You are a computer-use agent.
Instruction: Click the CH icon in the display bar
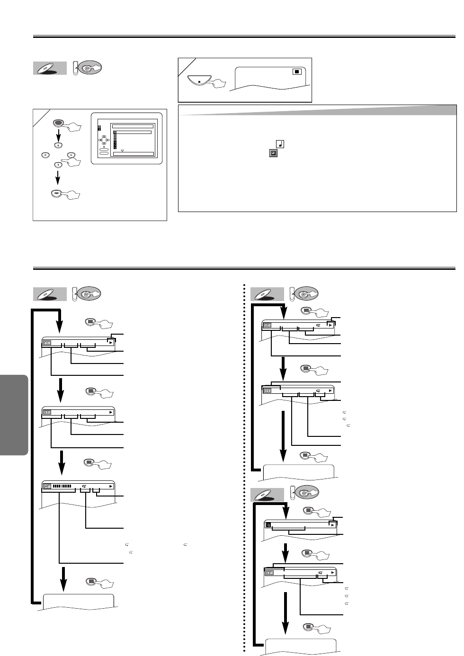pos(47,343)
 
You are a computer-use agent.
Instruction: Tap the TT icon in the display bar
pos(47,412)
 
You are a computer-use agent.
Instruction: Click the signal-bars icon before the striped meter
pos(47,486)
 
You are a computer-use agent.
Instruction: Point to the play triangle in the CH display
pos(110,343)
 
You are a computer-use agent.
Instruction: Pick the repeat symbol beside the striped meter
pos(84,486)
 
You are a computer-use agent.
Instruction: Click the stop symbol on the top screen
pos(296,72)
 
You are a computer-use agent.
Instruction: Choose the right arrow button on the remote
pos(71,155)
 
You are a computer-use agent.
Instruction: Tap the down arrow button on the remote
pos(57,165)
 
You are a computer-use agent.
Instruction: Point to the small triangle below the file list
pos(122,151)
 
